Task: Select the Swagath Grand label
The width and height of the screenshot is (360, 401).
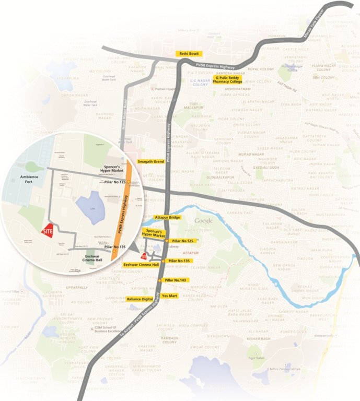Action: click(x=151, y=162)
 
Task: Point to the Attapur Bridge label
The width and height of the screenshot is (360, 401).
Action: click(x=168, y=217)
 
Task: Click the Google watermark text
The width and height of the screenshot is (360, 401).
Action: click(x=204, y=221)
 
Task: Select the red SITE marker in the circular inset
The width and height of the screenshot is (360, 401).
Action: click(x=48, y=231)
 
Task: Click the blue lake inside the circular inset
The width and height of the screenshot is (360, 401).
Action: click(x=90, y=206)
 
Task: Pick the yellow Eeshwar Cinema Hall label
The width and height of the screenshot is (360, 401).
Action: click(x=141, y=265)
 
